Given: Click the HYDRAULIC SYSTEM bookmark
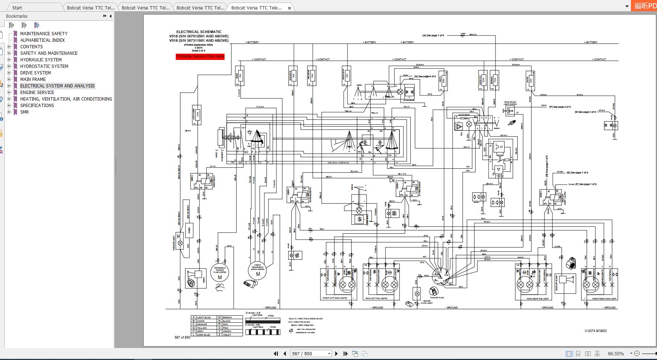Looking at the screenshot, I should [x=41, y=60].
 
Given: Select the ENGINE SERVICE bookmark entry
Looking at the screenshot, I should [x=37, y=93].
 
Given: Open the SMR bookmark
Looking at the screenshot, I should [x=24, y=112].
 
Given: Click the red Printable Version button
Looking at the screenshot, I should [x=200, y=57].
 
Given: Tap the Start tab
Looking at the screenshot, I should [x=17, y=8].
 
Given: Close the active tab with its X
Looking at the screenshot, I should [x=289, y=8].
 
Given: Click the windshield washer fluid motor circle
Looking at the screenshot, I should [x=219, y=273].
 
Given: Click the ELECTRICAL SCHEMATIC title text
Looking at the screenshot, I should [x=199, y=32].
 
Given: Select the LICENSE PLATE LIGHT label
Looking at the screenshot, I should [x=427, y=302].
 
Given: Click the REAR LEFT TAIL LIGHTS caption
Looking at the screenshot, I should [x=376, y=298].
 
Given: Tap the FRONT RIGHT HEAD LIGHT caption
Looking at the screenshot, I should [x=604, y=299].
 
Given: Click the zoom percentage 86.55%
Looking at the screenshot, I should [x=616, y=353].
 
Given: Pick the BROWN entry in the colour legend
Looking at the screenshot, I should [x=227, y=318].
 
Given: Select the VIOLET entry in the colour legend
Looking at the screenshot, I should [x=227, y=335].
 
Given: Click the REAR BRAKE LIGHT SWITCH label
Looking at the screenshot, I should [x=510, y=103].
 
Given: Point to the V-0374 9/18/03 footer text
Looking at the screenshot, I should [x=595, y=331].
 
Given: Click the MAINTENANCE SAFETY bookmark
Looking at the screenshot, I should [x=44, y=34].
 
